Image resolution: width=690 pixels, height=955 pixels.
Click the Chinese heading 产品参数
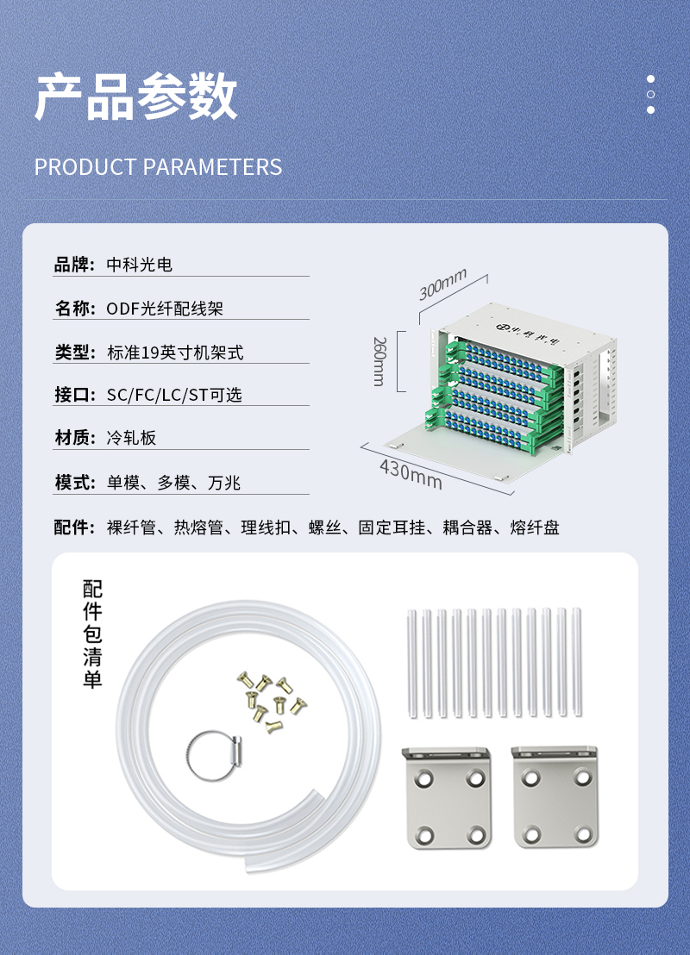[x=136, y=97]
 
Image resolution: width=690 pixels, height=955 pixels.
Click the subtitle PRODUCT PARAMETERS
[x=158, y=167]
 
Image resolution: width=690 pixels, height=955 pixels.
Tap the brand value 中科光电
[x=140, y=265]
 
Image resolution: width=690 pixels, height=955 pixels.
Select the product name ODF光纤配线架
[x=165, y=309]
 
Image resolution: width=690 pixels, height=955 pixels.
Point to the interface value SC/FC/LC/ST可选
[x=174, y=395]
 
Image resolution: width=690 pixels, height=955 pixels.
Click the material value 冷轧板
[x=131, y=437]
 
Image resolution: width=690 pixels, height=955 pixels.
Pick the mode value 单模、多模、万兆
[x=173, y=483]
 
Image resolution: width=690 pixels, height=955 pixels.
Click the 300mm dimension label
[x=442, y=284]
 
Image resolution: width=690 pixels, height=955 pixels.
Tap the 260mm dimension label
[x=379, y=361]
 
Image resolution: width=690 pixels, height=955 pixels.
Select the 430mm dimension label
[x=411, y=474]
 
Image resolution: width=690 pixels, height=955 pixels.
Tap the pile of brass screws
[x=271, y=702]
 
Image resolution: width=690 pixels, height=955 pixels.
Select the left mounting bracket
[x=448, y=798]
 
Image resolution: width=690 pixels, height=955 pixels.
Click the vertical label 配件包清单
[x=92, y=634]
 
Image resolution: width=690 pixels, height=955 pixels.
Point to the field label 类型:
[x=75, y=352]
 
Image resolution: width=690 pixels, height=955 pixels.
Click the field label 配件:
[x=74, y=527]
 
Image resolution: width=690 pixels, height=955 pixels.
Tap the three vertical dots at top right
[x=650, y=95]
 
